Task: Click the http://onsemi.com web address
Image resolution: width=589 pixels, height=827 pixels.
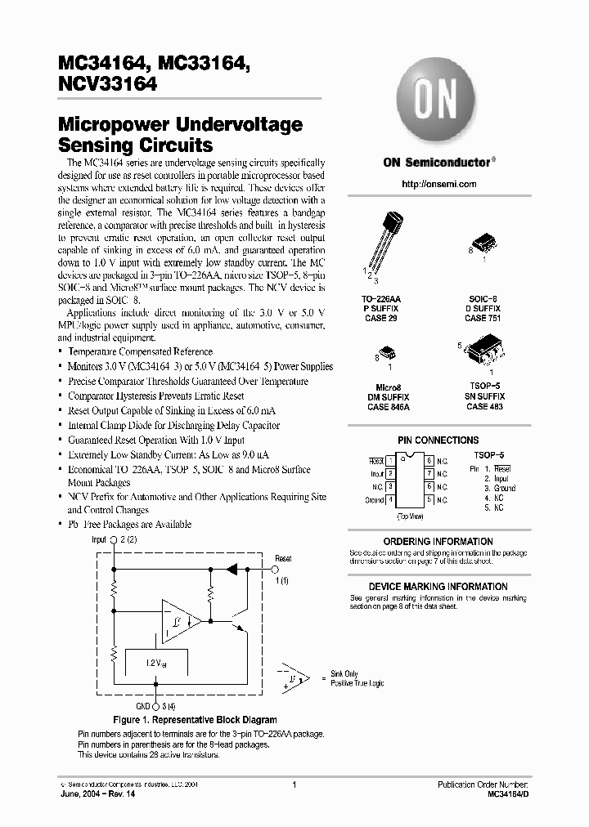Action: pyautogui.click(x=439, y=184)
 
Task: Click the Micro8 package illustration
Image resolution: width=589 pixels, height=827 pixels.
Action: pyautogui.click(x=391, y=355)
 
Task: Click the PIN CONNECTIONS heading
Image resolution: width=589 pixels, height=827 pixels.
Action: pyautogui.click(x=438, y=440)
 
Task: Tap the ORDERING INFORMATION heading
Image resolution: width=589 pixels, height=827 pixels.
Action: pyautogui.click(x=438, y=541)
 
